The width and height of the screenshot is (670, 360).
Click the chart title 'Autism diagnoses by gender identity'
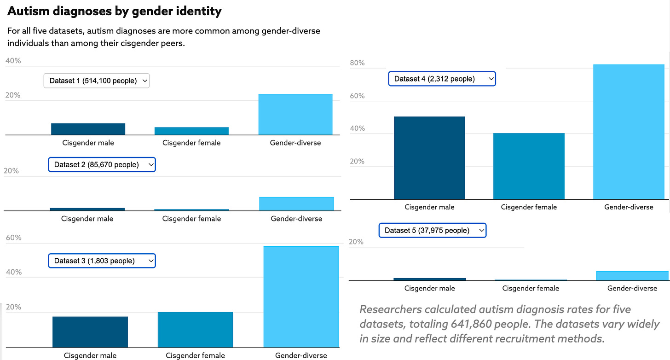coord(115,11)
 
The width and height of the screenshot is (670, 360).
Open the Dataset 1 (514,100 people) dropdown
coord(97,81)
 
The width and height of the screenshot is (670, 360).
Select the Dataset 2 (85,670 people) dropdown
coord(102,164)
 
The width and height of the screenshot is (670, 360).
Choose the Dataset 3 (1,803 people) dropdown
coord(102,261)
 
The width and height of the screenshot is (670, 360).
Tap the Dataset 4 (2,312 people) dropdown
coord(442,79)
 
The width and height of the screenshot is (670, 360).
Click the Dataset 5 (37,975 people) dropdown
coord(432,230)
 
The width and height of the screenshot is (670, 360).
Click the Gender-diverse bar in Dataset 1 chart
coord(295,115)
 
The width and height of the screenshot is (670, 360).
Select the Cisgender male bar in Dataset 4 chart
coord(429,158)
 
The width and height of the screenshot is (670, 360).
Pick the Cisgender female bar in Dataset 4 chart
coord(529,166)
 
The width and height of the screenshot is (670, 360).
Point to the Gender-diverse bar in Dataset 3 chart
coord(301,296)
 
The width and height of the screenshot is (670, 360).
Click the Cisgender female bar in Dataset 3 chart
coord(195,330)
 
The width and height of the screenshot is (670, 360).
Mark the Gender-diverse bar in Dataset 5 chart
coord(632,275)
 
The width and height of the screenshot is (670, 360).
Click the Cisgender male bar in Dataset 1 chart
coord(88,129)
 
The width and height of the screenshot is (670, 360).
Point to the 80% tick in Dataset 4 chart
coord(357,63)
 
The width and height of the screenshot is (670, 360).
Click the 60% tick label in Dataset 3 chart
coord(13,238)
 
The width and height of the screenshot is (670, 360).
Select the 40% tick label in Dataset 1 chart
coord(13,61)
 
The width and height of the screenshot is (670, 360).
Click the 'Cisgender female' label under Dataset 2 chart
coord(191,219)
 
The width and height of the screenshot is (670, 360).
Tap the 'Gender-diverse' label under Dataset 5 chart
coord(632,288)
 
